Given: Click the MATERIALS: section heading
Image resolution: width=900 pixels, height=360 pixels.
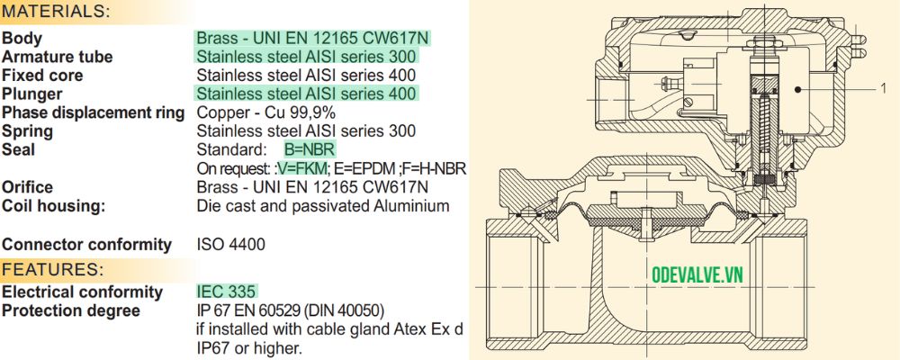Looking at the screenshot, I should [57, 12].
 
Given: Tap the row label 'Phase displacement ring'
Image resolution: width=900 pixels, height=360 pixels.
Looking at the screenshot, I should [94, 112].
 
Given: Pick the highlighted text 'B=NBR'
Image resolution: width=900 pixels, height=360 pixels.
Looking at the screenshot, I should [310, 149].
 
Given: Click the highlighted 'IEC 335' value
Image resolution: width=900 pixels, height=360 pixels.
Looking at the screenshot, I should [227, 292].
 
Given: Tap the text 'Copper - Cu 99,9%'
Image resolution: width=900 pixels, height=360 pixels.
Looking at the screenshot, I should [265, 112].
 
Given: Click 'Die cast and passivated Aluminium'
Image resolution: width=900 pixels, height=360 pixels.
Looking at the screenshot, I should [322, 206].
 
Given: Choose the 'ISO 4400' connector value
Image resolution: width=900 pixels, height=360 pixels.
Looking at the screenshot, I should [230, 244].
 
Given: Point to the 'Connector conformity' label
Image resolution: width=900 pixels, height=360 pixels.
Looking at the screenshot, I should [86, 244].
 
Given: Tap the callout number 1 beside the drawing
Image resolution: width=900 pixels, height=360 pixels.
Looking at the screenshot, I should [883, 88].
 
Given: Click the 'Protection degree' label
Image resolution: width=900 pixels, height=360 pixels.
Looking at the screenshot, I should [71, 310].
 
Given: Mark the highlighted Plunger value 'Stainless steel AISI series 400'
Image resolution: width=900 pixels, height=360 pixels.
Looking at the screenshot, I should [306, 94].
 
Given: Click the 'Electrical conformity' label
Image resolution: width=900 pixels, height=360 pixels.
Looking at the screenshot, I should [82, 292].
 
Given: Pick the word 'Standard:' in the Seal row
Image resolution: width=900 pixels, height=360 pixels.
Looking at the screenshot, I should [230, 149].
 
